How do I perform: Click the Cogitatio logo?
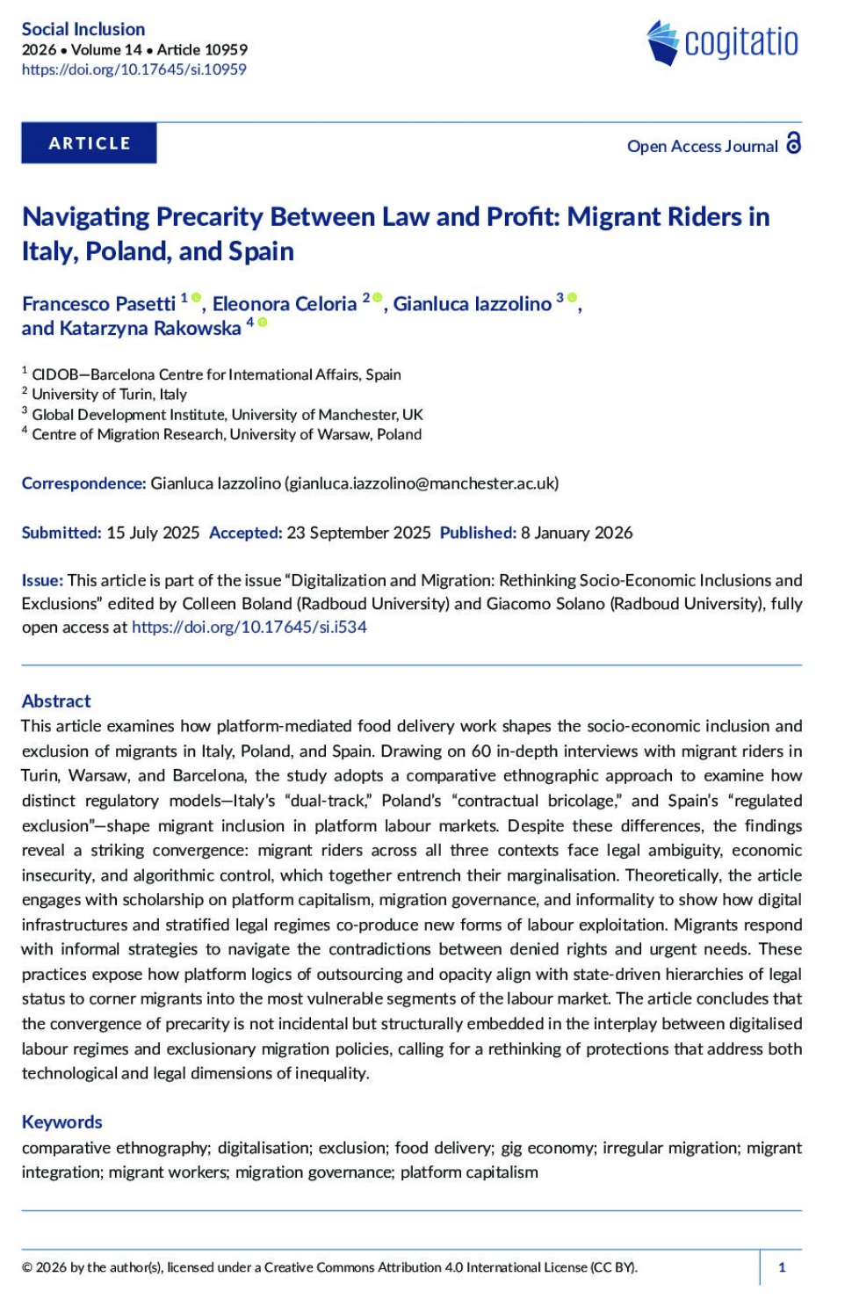click(x=722, y=42)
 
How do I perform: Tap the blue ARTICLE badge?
click(x=89, y=143)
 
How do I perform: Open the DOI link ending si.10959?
click(x=134, y=69)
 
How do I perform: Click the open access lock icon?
click(x=794, y=143)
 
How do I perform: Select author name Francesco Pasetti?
click(x=98, y=304)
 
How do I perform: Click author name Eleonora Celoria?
click(x=285, y=304)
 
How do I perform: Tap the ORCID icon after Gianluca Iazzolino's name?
click(x=573, y=298)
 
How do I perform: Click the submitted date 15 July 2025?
click(x=153, y=533)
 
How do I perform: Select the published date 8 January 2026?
click(x=576, y=533)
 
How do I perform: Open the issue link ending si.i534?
click(x=249, y=628)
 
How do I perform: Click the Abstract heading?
click(x=56, y=701)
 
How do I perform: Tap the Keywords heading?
click(x=61, y=1122)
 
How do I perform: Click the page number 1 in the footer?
click(x=782, y=1267)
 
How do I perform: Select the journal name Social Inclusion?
click(x=83, y=29)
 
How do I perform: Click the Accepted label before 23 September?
click(x=245, y=533)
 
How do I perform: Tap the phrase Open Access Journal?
click(x=702, y=147)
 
